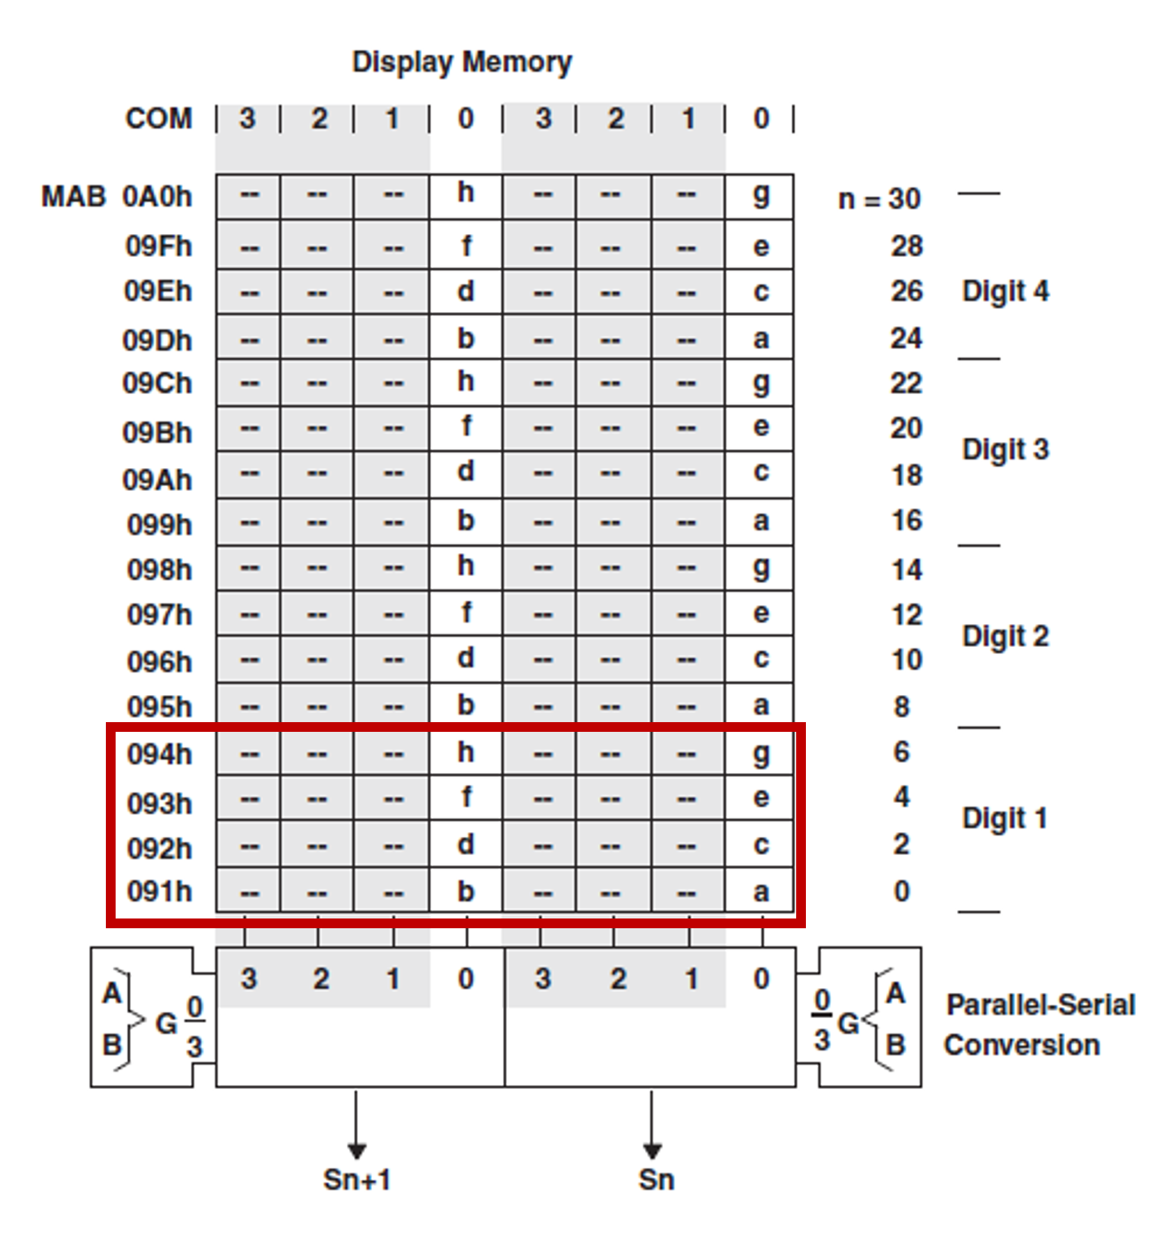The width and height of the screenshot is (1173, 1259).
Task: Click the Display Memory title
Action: [x=462, y=62]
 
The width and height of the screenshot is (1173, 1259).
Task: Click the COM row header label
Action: [x=158, y=118]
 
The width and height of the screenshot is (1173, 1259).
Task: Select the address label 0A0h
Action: [x=157, y=197]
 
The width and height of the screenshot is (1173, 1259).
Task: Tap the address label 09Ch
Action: [x=157, y=384]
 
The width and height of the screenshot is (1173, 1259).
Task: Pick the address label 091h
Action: [x=159, y=892]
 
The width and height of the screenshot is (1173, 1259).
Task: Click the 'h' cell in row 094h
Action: [x=466, y=753]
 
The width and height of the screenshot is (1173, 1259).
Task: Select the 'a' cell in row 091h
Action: [x=761, y=892]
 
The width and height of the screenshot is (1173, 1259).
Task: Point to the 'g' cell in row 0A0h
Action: [x=761, y=195]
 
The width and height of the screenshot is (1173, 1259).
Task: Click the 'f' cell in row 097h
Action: [x=466, y=613]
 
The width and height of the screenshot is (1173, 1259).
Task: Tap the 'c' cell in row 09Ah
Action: [x=761, y=473]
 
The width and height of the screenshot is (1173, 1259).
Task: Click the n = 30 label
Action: [x=879, y=199]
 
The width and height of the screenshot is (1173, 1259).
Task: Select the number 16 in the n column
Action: [x=906, y=521]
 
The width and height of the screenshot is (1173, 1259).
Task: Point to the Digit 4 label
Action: [x=1005, y=292]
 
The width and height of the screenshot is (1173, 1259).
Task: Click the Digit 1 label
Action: [x=1005, y=819]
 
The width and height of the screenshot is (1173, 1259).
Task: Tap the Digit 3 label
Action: [x=1005, y=450]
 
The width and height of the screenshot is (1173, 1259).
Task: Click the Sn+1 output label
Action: [x=357, y=1180]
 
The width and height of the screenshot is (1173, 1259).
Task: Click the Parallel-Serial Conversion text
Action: [x=1039, y=1025]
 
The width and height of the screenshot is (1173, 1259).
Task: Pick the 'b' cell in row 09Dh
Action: [x=466, y=339]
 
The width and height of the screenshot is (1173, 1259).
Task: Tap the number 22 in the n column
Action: [x=906, y=384]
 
